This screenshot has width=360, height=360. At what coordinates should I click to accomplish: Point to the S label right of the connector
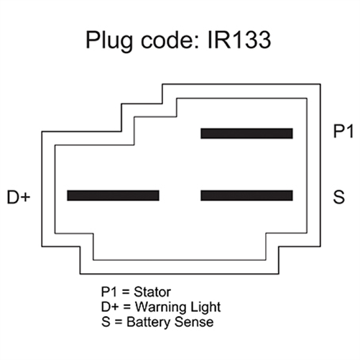pos(338,195)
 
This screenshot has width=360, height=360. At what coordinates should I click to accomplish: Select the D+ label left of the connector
pos(19,196)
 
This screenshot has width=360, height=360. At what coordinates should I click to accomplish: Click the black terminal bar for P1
pos(246,133)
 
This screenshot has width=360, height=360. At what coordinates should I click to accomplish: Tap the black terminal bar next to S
pos(246,195)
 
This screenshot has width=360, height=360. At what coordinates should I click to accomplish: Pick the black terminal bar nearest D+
pos(113,195)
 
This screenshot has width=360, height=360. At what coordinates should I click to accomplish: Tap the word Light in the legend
pos(198,308)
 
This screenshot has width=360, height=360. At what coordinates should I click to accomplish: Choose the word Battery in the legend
pos(144,322)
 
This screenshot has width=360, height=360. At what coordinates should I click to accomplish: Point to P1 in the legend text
pos(109,292)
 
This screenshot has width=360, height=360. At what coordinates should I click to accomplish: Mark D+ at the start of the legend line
pos(109,308)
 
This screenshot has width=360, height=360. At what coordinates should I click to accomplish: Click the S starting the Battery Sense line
pos(105,322)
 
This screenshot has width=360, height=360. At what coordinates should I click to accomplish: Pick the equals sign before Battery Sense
pos(116,322)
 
